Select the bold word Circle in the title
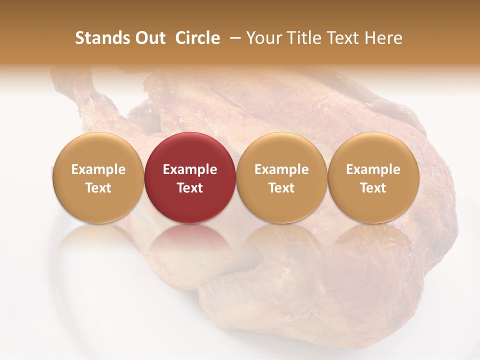197,38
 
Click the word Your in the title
262,38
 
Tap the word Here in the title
385,38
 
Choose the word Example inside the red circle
190,169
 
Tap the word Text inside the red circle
190,188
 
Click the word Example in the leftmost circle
98,169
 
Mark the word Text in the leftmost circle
98,188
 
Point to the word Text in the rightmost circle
373,188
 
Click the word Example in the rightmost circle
373,169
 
